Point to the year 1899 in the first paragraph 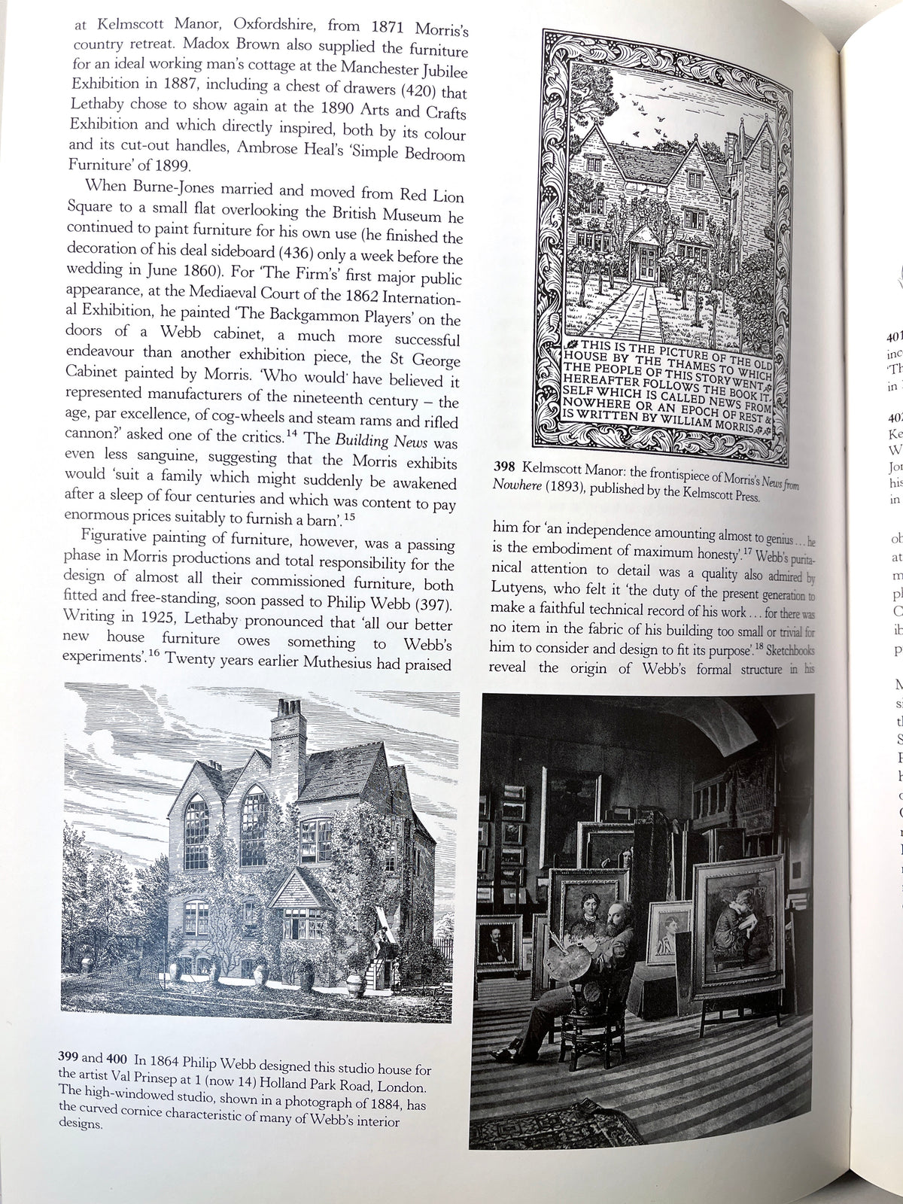click(x=182, y=165)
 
